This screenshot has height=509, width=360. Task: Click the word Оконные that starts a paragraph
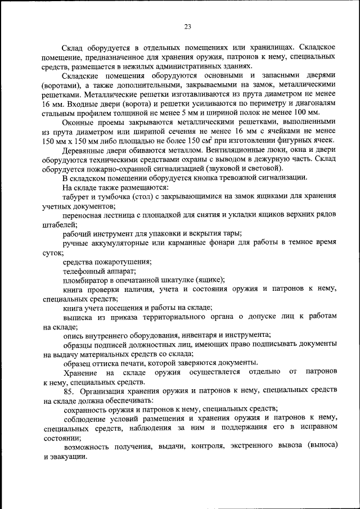(x=80, y=121)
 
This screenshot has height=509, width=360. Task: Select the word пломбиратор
(x=86, y=280)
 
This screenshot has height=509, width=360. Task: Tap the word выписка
(x=78, y=317)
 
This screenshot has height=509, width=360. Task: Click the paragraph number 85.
(x=69, y=390)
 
